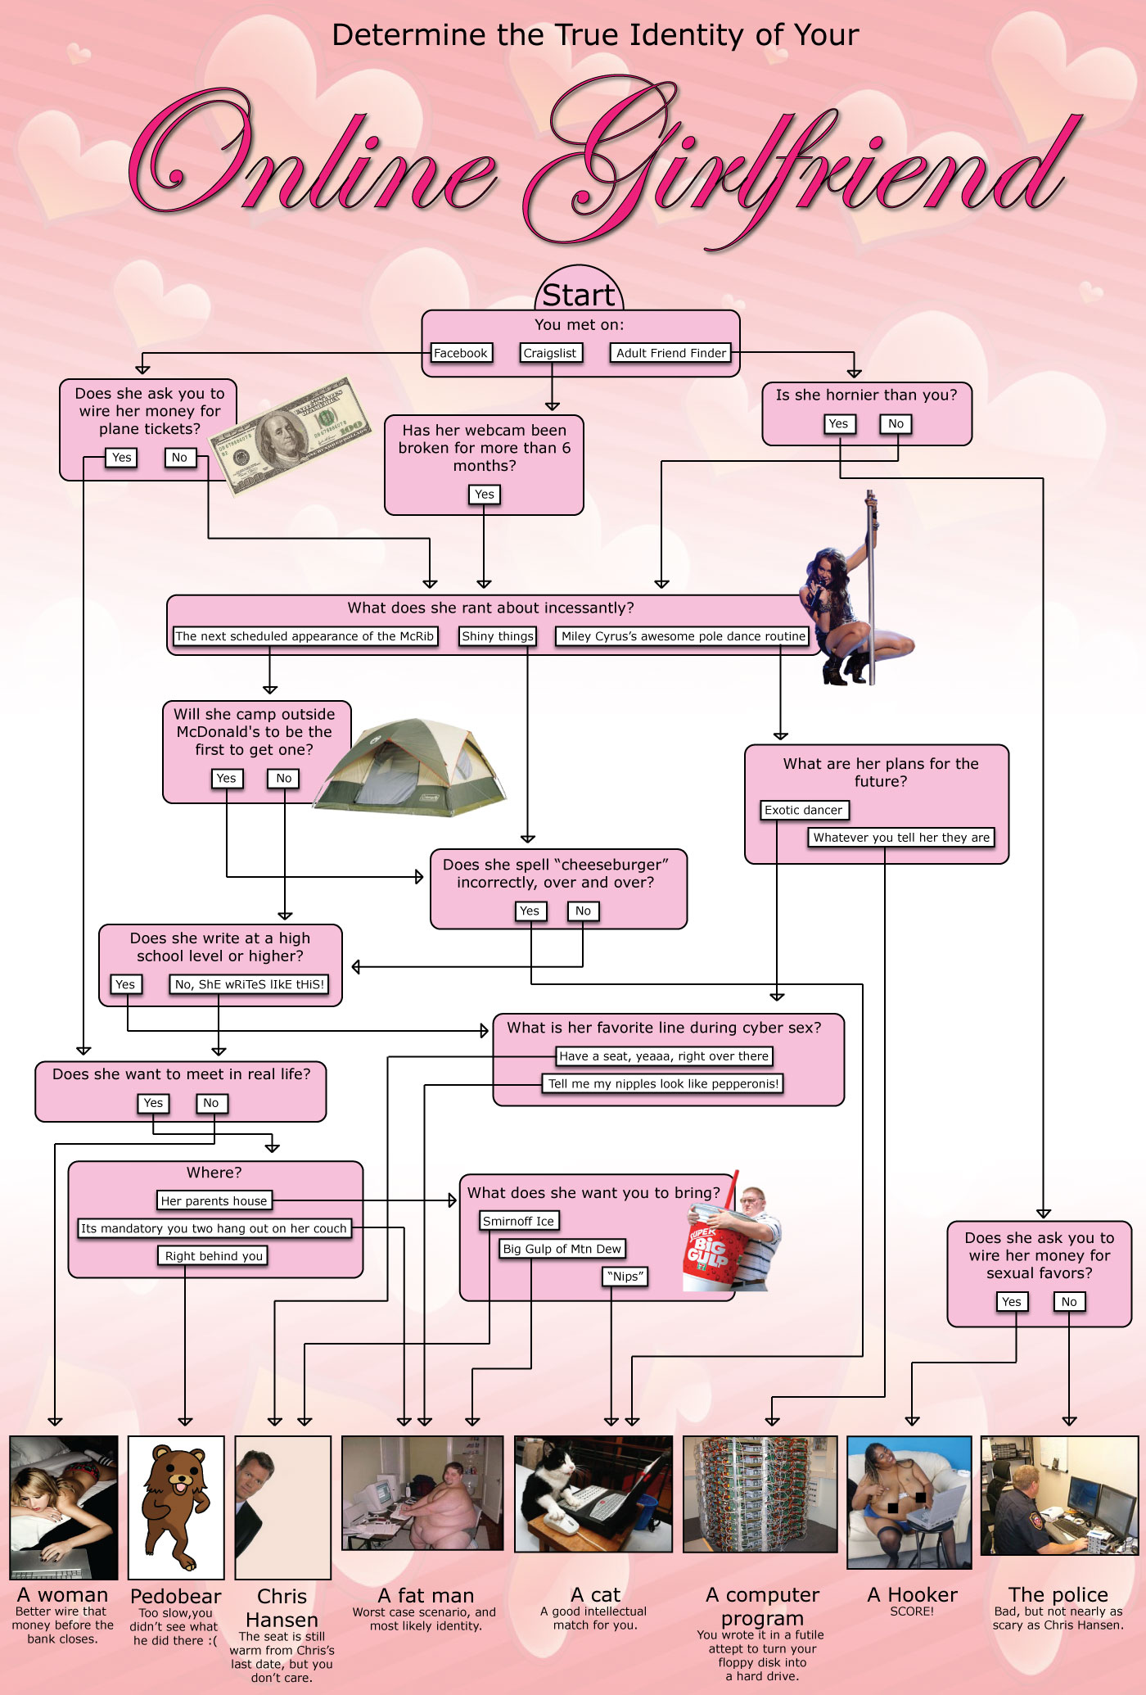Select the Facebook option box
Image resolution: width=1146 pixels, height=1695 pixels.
click(x=461, y=353)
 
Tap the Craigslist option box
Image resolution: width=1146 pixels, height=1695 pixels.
click(x=550, y=353)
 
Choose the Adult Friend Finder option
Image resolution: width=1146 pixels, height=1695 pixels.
click(x=671, y=353)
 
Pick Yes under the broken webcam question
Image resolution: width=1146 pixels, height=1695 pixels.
click(x=484, y=494)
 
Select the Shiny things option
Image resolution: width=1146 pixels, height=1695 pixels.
click(x=498, y=636)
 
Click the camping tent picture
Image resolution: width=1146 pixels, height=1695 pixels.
click(x=411, y=768)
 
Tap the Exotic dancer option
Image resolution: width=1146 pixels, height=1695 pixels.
click(x=803, y=810)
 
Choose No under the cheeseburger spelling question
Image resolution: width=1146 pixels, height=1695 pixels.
click(x=583, y=911)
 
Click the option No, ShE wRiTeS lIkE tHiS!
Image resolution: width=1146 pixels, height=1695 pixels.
click(x=250, y=984)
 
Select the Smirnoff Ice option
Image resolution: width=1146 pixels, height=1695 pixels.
click(x=518, y=1221)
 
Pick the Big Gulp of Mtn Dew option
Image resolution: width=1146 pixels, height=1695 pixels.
click(x=562, y=1249)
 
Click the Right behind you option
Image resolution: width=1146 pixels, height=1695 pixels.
click(x=214, y=1256)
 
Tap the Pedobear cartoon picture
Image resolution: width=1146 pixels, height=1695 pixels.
click(x=175, y=1507)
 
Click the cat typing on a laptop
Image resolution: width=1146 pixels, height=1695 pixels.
click(x=593, y=1494)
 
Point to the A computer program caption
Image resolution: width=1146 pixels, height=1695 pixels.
click(x=762, y=1607)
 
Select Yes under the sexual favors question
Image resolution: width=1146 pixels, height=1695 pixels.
click(x=1012, y=1301)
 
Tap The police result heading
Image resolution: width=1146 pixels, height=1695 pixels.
click(x=1058, y=1594)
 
